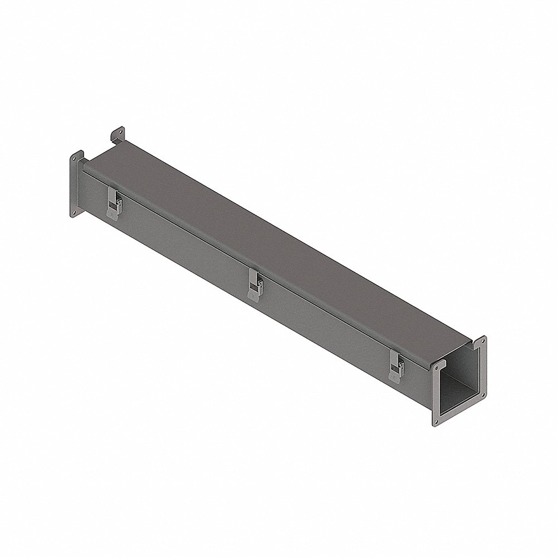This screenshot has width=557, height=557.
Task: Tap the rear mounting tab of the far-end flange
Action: [x=118, y=134]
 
